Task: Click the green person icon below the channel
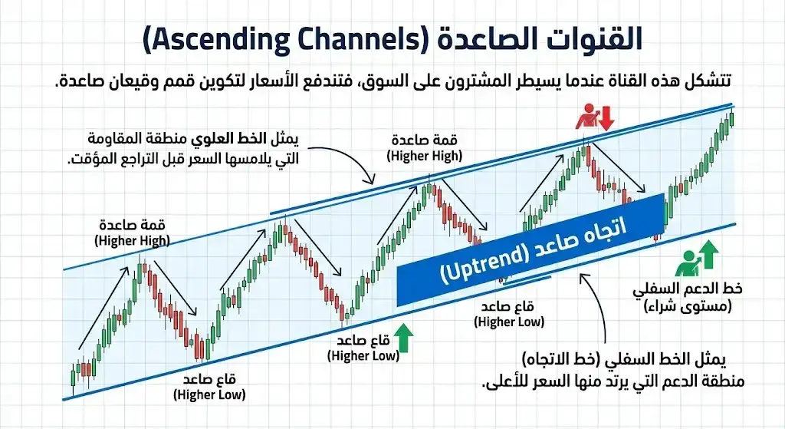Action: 687,259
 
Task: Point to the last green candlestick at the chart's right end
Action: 732,118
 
